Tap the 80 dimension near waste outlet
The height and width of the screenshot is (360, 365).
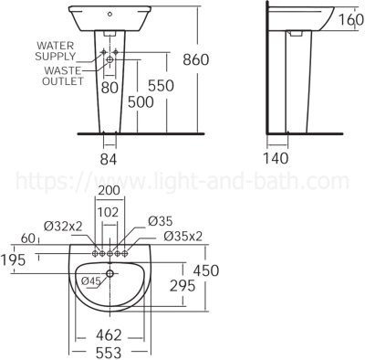coord(110,90)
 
